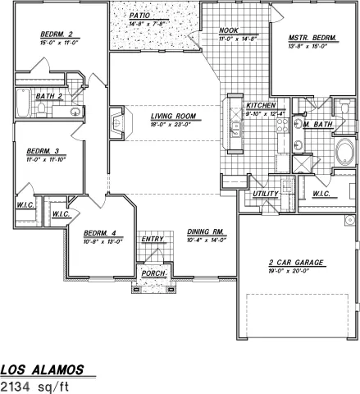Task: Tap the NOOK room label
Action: pos(228,31)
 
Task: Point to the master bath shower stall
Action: pos(302,164)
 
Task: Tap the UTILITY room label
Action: pos(267,194)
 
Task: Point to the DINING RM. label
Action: pos(206,233)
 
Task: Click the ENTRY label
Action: pos(153,240)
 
